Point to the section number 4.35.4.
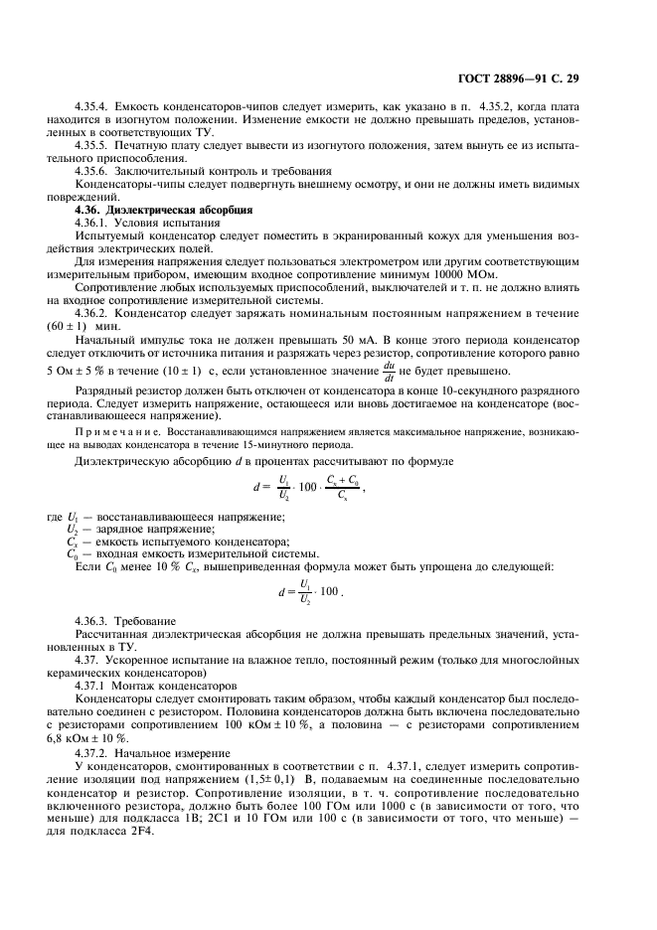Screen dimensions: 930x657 click(x=94, y=105)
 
